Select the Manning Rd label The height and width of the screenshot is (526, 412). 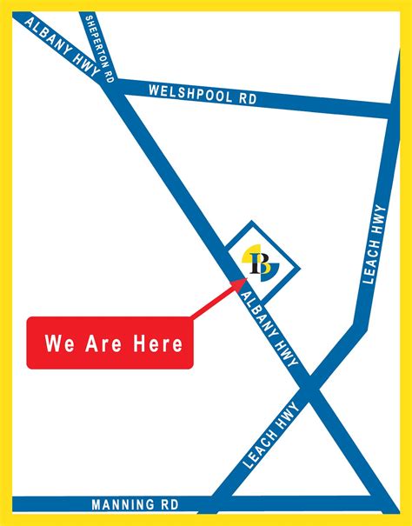click(135, 503)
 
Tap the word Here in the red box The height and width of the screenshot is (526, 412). click(157, 343)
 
